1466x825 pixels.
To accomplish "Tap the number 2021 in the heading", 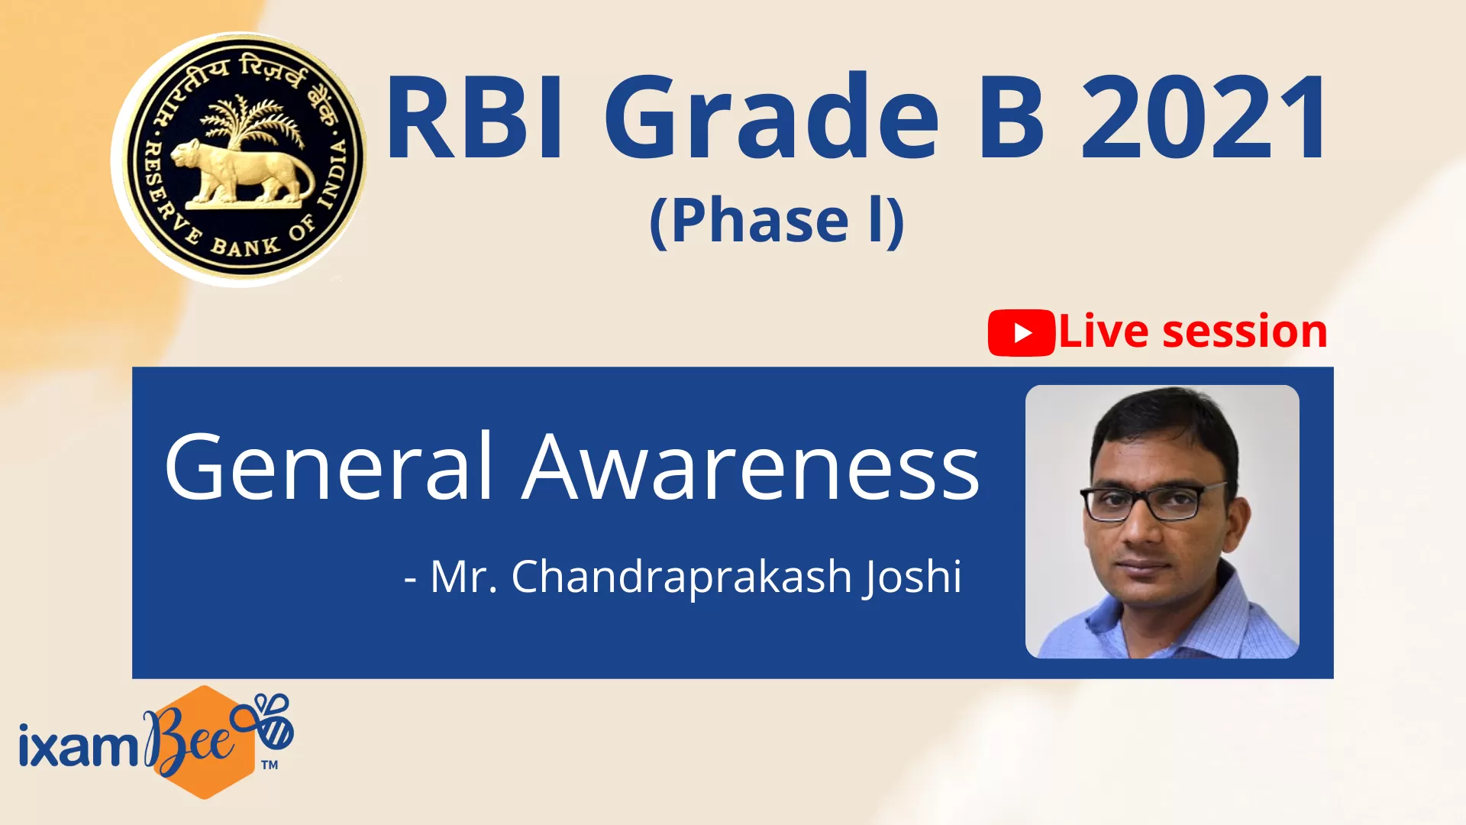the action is click(1206, 117).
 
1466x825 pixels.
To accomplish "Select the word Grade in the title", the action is click(772, 117).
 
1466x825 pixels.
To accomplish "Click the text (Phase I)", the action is click(777, 221).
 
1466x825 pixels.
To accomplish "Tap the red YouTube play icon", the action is click(1022, 333).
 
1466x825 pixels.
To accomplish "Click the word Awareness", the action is click(751, 466).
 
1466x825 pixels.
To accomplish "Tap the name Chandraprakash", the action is click(681, 577).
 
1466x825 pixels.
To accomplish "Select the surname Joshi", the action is click(912, 577).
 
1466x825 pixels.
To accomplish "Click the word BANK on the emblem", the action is click(245, 246).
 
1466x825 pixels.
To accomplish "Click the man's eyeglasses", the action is click(1154, 502).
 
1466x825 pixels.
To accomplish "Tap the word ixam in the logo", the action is click(78, 744).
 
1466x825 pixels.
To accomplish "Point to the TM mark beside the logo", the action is click(269, 765).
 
